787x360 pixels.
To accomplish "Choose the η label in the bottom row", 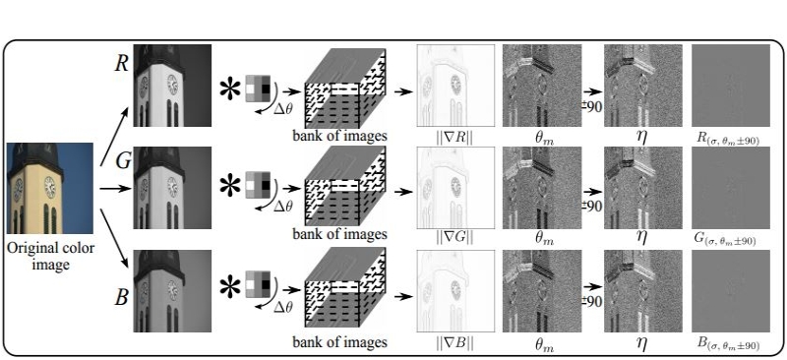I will [642, 343].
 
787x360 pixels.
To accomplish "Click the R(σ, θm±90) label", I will [729, 137].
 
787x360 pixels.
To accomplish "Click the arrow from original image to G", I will [113, 188].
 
